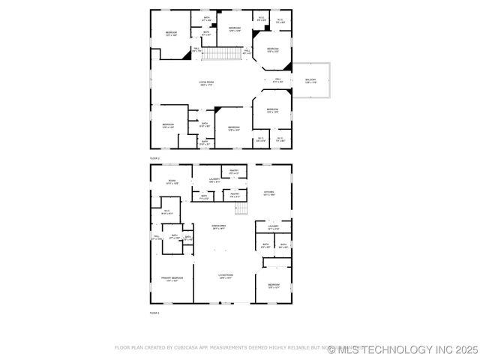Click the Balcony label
[310, 80]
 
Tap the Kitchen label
[268, 193]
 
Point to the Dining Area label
[220, 226]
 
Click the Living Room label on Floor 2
[206, 82]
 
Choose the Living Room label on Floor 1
[226, 276]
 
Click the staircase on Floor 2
[222, 54]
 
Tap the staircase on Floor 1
[241, 208]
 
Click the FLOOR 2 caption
[155, 159]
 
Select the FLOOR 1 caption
[155, 313]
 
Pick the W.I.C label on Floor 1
[166, 211]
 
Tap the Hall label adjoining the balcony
[277, 79]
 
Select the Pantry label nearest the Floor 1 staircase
[234, 196]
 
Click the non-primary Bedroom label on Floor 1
[274, 286]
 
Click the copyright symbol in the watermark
[332, 349]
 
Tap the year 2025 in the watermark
[466, 349]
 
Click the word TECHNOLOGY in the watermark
[403, 349]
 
